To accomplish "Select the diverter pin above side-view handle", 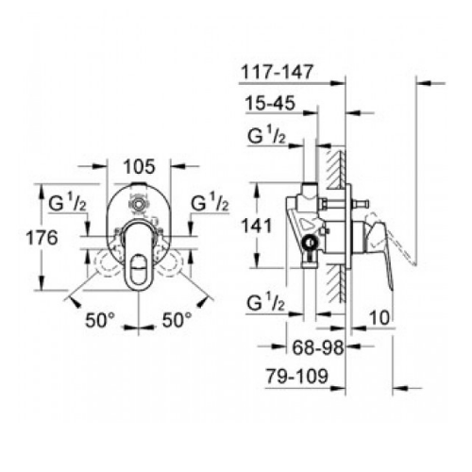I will coord(360,203).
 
